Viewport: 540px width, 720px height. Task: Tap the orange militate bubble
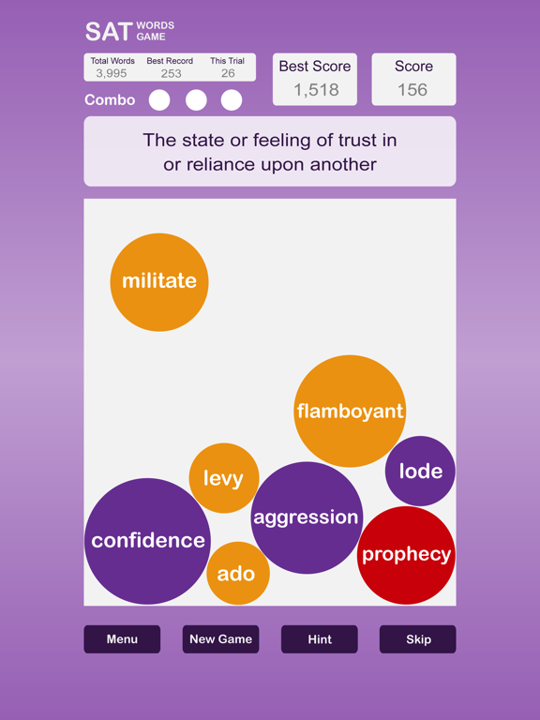pyautogui.click(x=159, y=282)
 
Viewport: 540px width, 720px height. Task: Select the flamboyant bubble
pyautogui.click(x=350, y=411)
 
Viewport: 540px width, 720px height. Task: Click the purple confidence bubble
pyautogui.click(x=148, y=541)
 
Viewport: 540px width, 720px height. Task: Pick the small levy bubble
pyautogui.click(x=224, y=478)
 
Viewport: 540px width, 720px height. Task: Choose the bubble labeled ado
pyautogui.click(x=238, y=573)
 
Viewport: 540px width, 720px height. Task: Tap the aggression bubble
pyautogui.click(x=307, y=517)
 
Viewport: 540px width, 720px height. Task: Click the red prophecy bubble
pyautogui.click(x=406, y=555)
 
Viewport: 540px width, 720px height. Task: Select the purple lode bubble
pyautogui.click(x=420, y=472)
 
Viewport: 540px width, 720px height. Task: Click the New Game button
pyautogui.click(x=221, y=639)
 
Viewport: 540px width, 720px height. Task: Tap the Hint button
pyautogui.click(x=320, y=639)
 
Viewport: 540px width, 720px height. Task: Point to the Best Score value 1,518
pyautogui.click(x=316, y=90)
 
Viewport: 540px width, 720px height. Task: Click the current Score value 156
pyautogui.click(x=412, y=90)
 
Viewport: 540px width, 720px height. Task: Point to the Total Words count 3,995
pyautogui.click(x=112, y=73)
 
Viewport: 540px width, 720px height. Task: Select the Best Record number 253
pyautogui.click(x=171, y=73)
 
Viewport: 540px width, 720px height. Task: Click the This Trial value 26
pyautogui.click(x=228, y=73)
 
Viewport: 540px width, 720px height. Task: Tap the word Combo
pyautogui.click(x=110, y=100)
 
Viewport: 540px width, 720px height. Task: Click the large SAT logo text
pyautogui.click(x=109, y=32)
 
